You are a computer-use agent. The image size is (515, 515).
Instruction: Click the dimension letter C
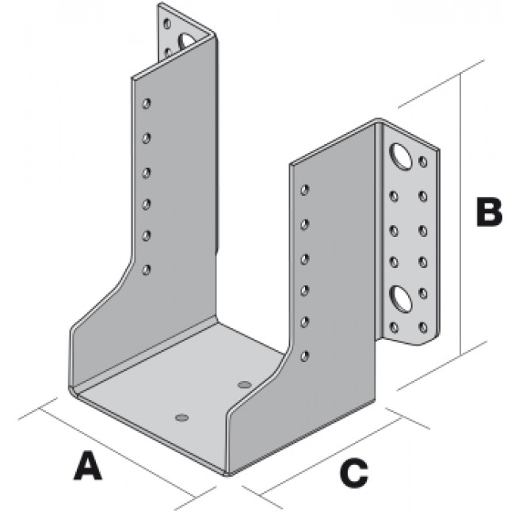[x=353, y=473]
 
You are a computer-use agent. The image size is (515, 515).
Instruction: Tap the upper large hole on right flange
[x=401, y=155]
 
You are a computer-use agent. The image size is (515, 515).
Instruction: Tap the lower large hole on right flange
[x=402, y=299]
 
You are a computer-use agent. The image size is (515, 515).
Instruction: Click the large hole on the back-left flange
[x=186, y=39]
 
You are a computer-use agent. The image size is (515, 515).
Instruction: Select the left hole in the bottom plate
[x=181, y=415]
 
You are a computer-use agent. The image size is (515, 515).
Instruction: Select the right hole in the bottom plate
[x=244, y=385]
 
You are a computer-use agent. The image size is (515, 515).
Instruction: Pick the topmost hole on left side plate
[x=147, y=104]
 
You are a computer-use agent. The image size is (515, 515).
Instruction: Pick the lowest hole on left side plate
[x=146, y=270]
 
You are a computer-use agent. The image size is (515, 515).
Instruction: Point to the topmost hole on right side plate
[x=305, y=190]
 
